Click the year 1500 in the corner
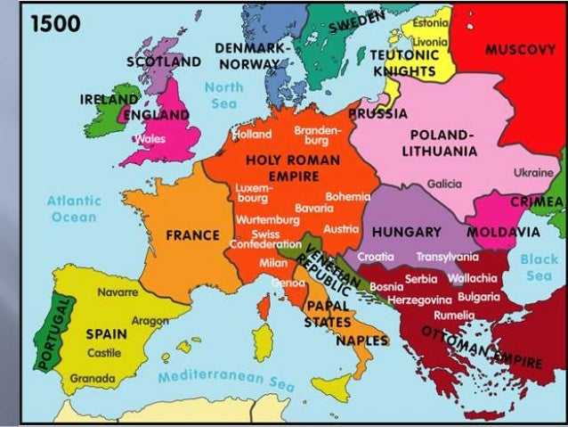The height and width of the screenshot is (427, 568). [x=55, y=23]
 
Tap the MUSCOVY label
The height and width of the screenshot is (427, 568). [x=520, y=50]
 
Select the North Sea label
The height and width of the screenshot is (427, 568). [x=223, y=95]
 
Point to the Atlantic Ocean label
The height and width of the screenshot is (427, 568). [x=74, y=209]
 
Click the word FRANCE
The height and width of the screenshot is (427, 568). [x=192, y=235]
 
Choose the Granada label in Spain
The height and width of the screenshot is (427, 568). [x=93, y=379]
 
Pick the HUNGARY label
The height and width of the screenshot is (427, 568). [x=406, y=232]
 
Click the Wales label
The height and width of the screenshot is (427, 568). [x=150, y=139]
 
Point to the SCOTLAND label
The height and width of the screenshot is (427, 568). [x=163, y=62]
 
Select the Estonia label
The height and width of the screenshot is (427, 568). [x=432, y=22]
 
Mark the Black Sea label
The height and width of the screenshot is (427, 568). [x=539, y=267]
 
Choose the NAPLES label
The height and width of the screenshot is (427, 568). [x=361, y=341]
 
